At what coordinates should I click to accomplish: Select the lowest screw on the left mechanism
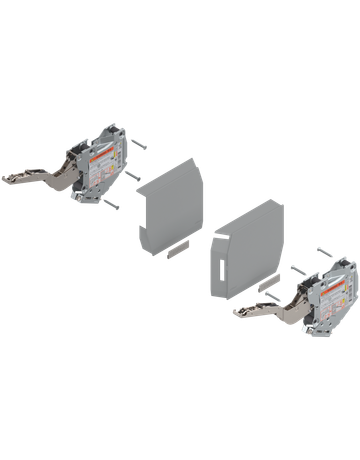[x=112, y=206]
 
